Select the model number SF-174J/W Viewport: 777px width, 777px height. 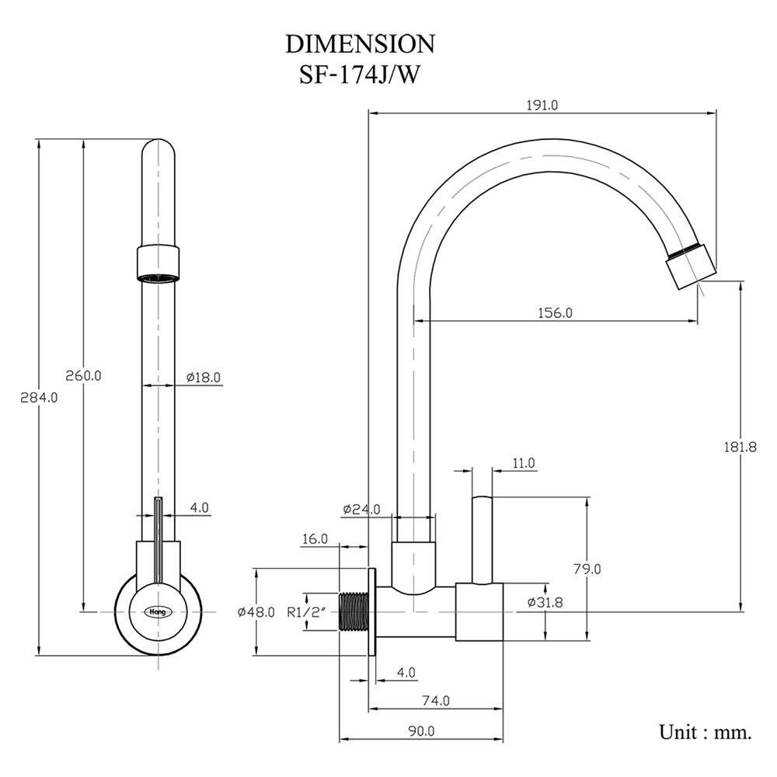tap(360, 75)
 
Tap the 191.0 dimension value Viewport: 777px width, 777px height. tap(542, 105)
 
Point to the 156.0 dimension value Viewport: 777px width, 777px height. tap(555, 313)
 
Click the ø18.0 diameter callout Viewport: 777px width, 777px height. tap(204, 377)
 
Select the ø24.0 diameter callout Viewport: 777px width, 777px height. tap(361, 510)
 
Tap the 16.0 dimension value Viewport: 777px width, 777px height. tap(314, 538)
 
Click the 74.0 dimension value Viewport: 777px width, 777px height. tap(436, 701)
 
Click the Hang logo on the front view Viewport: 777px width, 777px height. tap(159, 611)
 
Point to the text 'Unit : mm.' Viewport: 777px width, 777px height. tap(706, 732)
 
